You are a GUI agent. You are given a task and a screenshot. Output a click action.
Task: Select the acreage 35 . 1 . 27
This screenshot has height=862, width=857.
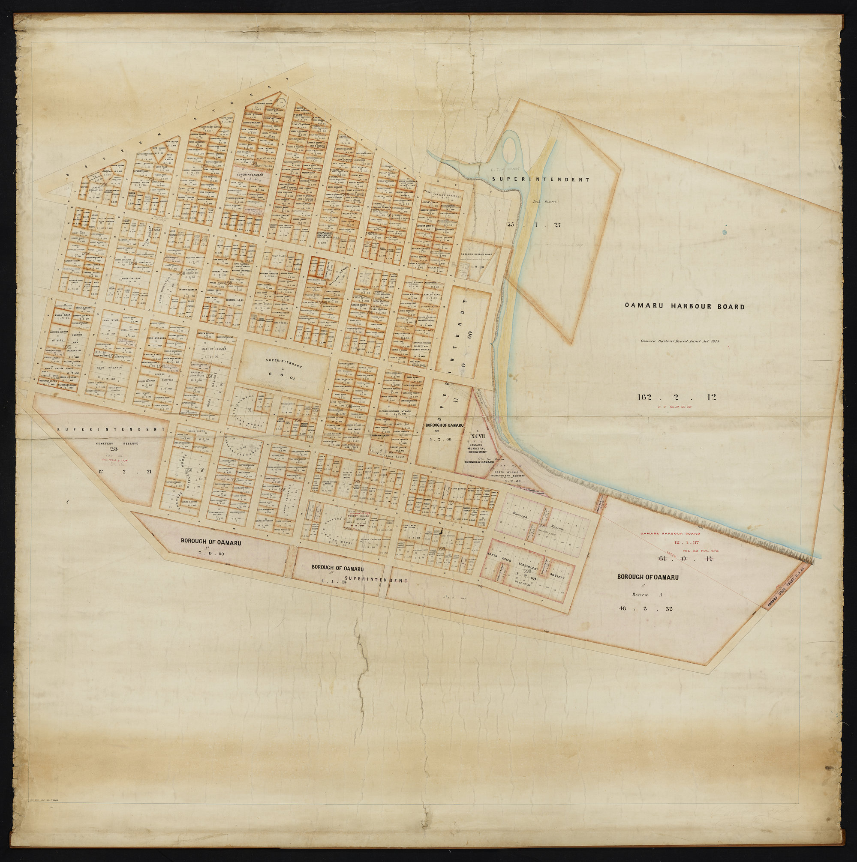[533, 224]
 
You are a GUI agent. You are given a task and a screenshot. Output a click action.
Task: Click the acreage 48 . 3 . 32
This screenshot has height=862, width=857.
[647, 608]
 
